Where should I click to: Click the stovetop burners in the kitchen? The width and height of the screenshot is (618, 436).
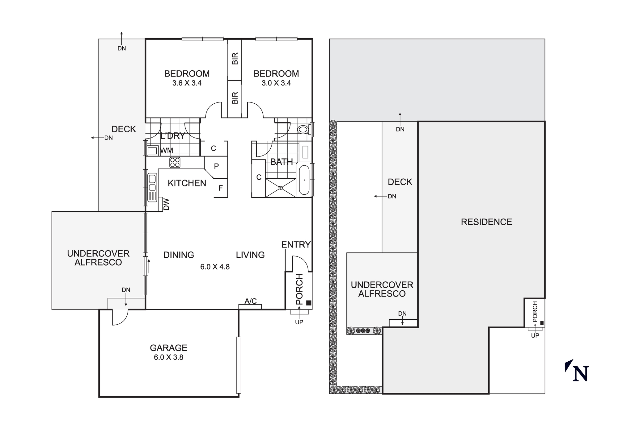175,162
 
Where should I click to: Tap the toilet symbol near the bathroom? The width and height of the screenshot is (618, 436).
303,129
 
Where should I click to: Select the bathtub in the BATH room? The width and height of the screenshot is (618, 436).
304,180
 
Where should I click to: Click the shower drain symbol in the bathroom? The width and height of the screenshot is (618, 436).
281,187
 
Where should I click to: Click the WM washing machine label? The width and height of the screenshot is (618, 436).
167,151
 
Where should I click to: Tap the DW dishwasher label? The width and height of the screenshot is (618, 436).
167,204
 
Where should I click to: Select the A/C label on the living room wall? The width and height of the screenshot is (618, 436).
251,301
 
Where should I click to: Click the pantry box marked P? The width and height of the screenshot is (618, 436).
216,166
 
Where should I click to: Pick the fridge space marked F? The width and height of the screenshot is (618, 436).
221,188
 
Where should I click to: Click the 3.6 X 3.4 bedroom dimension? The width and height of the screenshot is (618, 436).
187,83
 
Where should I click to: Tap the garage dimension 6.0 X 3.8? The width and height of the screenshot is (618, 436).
168,357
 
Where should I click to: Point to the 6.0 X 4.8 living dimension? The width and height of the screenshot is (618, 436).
215,267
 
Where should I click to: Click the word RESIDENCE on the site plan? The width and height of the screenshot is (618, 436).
486,222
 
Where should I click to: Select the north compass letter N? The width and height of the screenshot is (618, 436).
581,374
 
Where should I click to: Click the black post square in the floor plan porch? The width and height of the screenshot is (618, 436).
308,303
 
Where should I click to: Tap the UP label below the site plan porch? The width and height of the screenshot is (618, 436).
535,335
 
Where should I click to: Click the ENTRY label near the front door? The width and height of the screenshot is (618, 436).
296,245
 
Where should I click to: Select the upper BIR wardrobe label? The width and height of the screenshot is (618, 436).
235,58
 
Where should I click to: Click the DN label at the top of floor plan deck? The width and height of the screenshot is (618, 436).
121,48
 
